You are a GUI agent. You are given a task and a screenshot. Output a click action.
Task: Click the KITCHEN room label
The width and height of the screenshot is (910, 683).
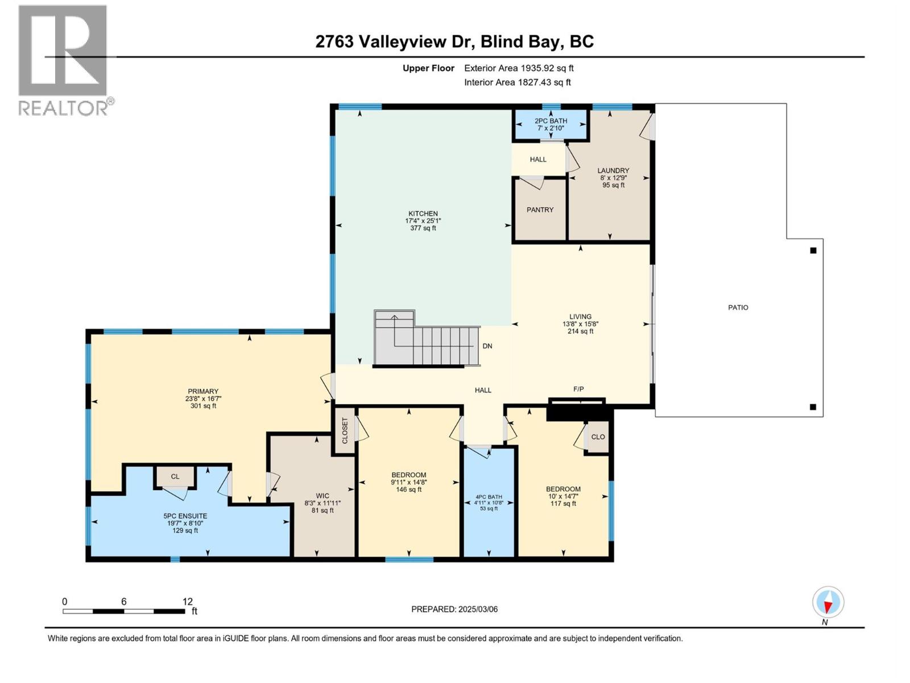pos(423,214)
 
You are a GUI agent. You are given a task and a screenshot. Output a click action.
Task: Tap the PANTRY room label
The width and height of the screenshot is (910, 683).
pos(540,210)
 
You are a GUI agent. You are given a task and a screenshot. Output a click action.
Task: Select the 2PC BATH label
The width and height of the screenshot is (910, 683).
pos(551,121)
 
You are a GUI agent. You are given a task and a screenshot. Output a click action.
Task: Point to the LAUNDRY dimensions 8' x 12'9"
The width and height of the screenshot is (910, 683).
pos(613,178)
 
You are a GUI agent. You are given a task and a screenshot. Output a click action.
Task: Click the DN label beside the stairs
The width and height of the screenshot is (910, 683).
pos(487,346)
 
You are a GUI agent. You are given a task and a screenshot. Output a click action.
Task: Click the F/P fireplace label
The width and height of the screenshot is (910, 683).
pos(578,389)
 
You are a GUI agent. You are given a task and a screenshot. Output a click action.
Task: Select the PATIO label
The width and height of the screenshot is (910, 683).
pos(738,307)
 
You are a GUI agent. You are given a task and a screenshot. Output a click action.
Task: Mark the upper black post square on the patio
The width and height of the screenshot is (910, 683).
pos(813,250)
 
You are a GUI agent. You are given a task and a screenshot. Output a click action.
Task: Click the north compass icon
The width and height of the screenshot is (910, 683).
pos(828,602)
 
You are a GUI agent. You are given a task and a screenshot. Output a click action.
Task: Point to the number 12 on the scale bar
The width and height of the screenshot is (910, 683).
pos(188,602)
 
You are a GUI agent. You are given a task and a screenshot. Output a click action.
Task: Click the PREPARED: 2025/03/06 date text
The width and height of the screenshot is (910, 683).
pos(454,609)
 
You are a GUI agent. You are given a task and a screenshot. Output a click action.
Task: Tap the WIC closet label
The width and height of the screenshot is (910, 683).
pos(322,496)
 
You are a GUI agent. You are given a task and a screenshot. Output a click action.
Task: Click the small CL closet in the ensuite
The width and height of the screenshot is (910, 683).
pos(175,476)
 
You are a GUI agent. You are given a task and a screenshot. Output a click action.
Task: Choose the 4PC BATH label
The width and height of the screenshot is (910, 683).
pos(489,497)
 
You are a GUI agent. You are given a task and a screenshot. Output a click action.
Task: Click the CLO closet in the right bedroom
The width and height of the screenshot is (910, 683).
pos(598,437)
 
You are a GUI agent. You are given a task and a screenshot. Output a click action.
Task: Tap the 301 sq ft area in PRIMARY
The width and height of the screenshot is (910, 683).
pos(203,406)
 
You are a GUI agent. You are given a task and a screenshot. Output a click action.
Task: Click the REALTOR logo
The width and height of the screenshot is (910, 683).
pos(64,60)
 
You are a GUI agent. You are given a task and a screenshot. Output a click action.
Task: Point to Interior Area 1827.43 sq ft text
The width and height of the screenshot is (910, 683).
pos(517,83)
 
